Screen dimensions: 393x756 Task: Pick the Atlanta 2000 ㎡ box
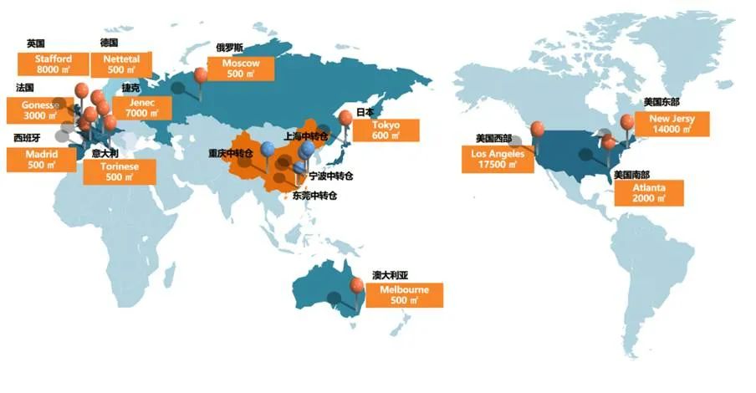click(x=650, y=193)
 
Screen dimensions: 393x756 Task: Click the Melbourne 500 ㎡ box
click(x=404, y=294)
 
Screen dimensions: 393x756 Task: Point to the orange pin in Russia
click(x=201, y=74)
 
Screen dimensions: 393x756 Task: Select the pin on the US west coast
click(x=536, y=130)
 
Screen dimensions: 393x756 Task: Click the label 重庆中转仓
click(x=235, y=154)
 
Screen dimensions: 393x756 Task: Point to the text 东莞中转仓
click(x=314, y=196)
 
